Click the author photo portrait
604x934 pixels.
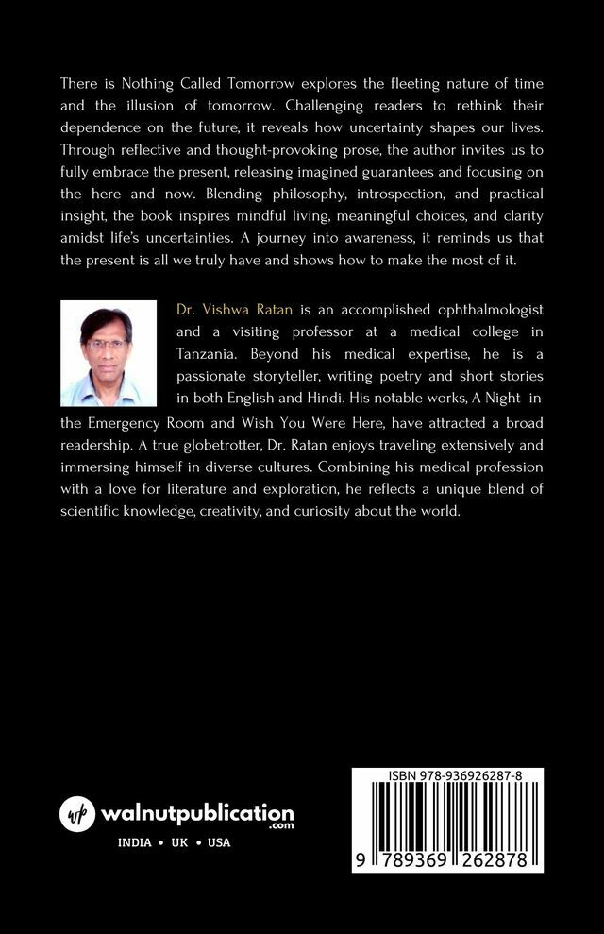point(108,353)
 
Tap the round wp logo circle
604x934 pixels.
point(78,813)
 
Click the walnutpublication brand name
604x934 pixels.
point(198,812)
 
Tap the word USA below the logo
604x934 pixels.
point(219,842)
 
